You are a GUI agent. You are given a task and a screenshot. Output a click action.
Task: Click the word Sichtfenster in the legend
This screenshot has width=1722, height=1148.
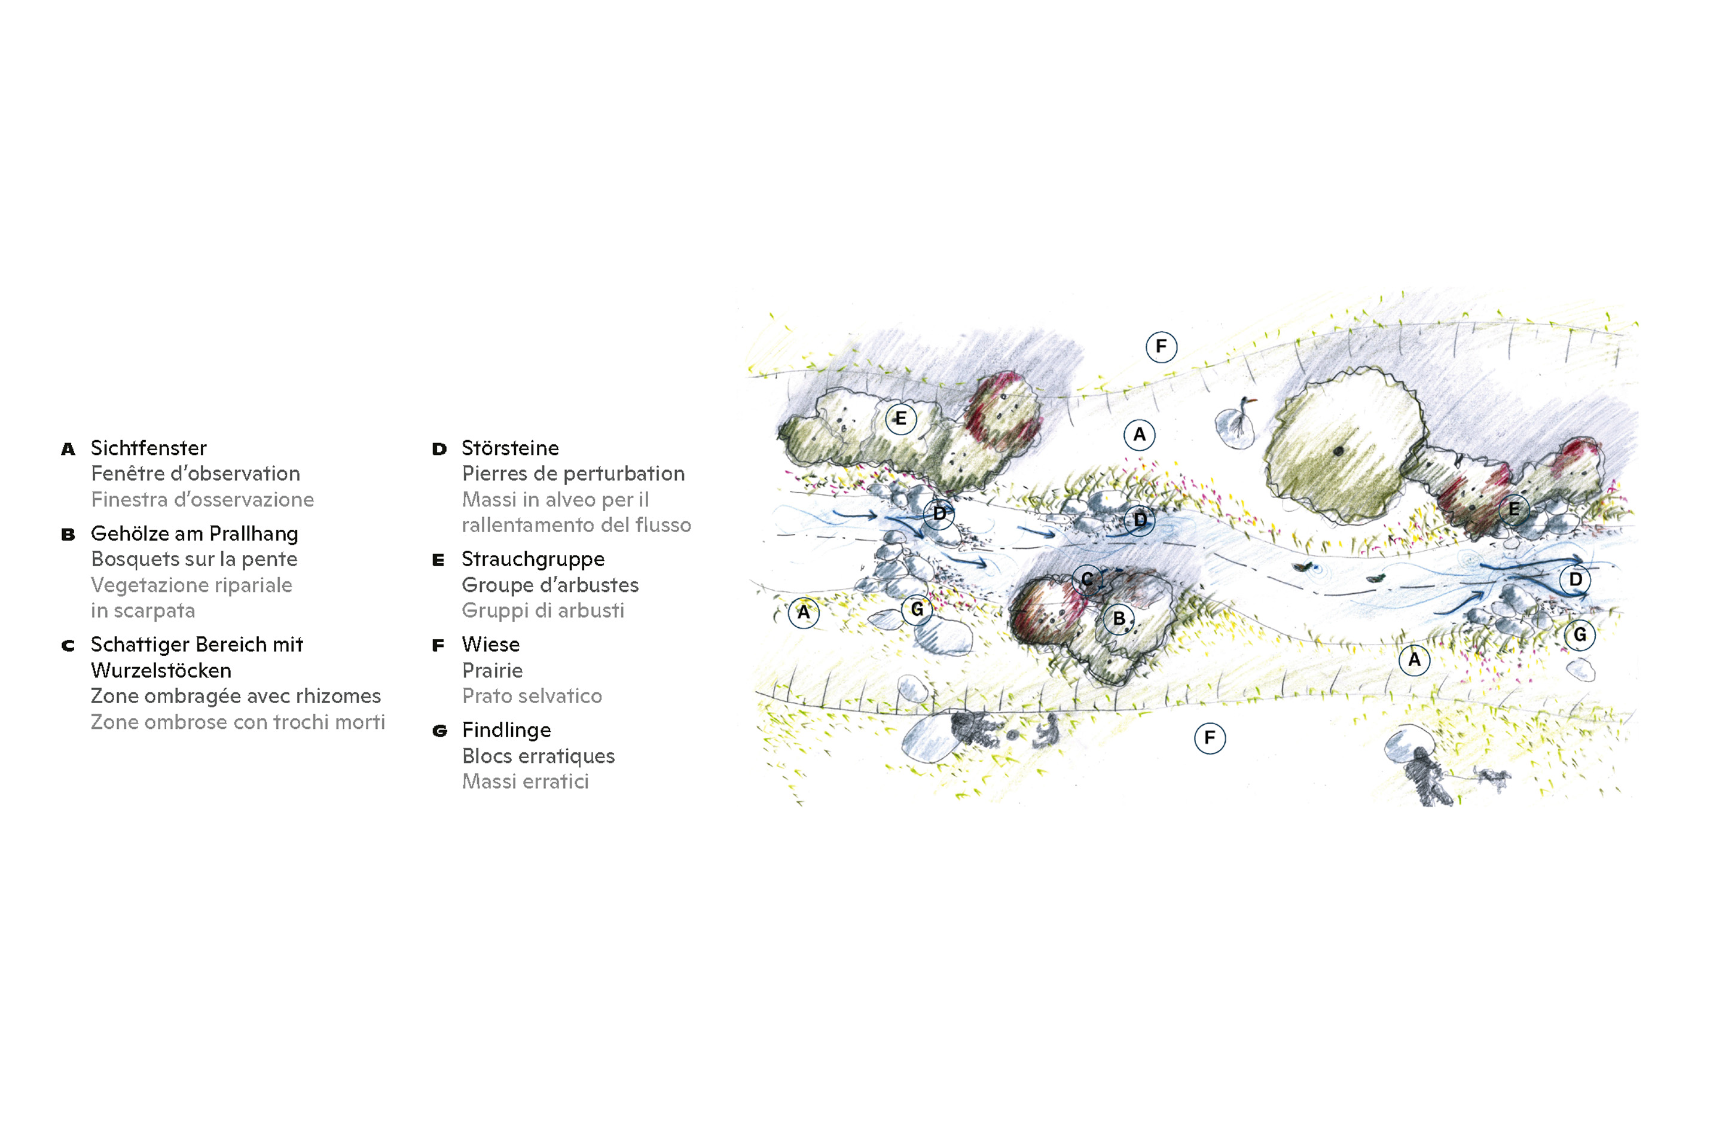pyautogui.click(x=149, y=447)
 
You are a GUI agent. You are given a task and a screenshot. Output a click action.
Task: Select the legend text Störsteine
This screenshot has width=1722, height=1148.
pyautogui.click(x=510, y=447)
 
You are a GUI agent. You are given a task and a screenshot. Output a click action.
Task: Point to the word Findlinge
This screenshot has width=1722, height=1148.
pyautogui.click(x=506, y=730)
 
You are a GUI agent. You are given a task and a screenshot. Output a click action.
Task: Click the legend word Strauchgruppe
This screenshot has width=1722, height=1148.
pyautogui.click(x=533, y=560)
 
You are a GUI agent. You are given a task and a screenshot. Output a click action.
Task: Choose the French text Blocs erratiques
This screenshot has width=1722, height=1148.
pyautogui.click(x=538, y=756)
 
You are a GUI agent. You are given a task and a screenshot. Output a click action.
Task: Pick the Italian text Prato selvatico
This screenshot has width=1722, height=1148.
pyautogui.click(x=532, y=695)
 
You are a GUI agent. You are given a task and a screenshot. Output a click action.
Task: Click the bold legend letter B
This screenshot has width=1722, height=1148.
pyautogui.click(x=68, y=535)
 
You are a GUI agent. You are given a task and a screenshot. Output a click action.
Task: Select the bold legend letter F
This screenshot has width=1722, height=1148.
pyautogui.click(x=438, y=646)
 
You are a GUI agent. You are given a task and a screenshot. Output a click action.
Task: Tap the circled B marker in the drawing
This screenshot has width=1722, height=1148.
pyautogui.click(x=1119, y=619)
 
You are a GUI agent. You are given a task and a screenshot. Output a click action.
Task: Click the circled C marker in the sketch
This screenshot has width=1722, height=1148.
pyautogui.click(x=1087, y=579)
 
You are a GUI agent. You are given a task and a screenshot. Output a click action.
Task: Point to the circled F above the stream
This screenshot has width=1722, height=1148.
pyautogui.click(x=1161, y=346)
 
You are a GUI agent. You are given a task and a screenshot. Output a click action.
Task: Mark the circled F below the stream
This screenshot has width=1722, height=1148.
pyautogui.click(x=1210, y=737)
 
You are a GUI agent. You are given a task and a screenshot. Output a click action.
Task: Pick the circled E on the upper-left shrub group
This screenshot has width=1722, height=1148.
pyautogui.click(x=900, y=419)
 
